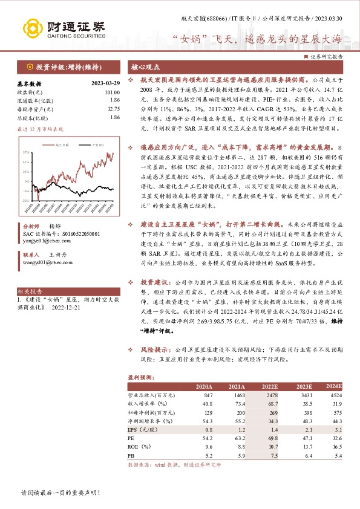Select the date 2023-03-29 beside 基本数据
(x=105, y=84)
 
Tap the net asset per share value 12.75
(x=113, y=108)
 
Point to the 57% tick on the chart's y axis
(x=25, y=152)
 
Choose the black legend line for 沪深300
(x=85, y=146)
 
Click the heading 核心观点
(x=145, y=68)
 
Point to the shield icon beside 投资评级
(x=30, y=66)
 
